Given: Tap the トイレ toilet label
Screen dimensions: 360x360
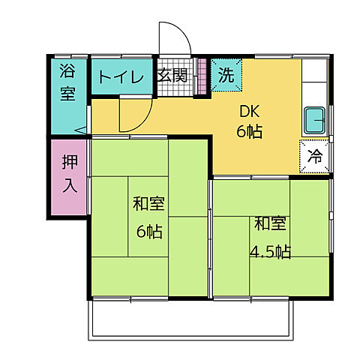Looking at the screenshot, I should (x=118, y=76).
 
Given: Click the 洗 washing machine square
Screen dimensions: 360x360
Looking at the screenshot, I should (x=224, y=74).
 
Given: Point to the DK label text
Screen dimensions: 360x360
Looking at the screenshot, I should (x=249, y=112).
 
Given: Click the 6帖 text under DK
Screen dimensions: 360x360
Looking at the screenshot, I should (x=250, y=132).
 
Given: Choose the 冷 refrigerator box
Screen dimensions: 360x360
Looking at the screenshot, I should (x=316, y=157).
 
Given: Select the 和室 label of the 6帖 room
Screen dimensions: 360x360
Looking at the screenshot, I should (x=148, y=203).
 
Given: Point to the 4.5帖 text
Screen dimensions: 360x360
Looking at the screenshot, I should (x=270, y=250).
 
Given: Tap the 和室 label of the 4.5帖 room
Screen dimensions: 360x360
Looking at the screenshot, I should (x=269, y=223).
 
